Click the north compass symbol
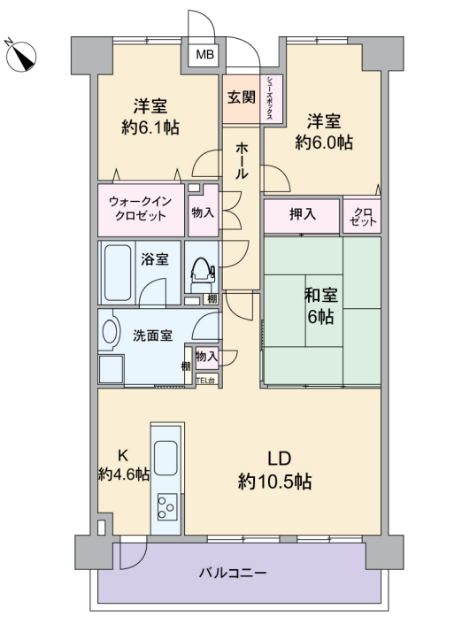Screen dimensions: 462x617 (x=21, y=57)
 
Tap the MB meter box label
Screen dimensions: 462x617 (x=205, y=54)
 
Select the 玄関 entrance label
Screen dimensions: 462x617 (x=242, y=97)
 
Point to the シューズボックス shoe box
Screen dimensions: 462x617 (x=270, y=98)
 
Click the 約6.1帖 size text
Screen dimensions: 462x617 (x=150, y=127)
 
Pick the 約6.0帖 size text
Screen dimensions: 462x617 (x=323, y=143)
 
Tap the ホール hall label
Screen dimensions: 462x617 (x=242, y=161)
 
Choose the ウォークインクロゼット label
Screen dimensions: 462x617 (x=141, y=209)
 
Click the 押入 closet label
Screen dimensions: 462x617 (x=302, y=214)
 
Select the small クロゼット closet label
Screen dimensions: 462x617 (x=363, y=217)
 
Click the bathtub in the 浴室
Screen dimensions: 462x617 (x=118, y=273)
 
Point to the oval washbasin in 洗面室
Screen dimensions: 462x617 (x=110, y=331)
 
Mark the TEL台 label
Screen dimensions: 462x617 (x=206, y=381)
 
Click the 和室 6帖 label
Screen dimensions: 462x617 (x=320, y=305)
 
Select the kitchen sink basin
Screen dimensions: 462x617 (x=166, y=458)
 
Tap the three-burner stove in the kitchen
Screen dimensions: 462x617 (x=167, y=506)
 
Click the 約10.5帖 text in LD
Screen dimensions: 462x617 (x=274, y=482)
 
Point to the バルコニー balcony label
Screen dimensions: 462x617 (x=232, y=572)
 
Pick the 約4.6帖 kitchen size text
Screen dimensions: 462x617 (x=124, y=474)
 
